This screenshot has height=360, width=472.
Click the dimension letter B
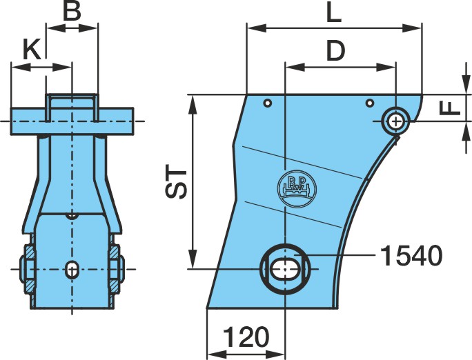pyautogui.click(x=72, y=12)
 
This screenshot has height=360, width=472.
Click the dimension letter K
pyautogui.click(x=32, y=50)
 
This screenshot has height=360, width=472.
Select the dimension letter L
pyautogui.click(x=334, y=14)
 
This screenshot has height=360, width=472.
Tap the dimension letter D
pyautogui.click(x=335, y=50)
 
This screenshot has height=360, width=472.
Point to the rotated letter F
pyautogui.click(x=450, y=108)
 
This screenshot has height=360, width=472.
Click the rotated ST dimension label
pyautogui.click(x=176, y=183)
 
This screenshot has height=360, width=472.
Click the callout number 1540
pyautogui.click(x=411, y=256)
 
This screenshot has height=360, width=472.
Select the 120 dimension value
pyautogui.click(x=246, y=337)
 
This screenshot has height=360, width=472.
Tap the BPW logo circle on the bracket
pyautogui.click(x=297, y=187)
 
